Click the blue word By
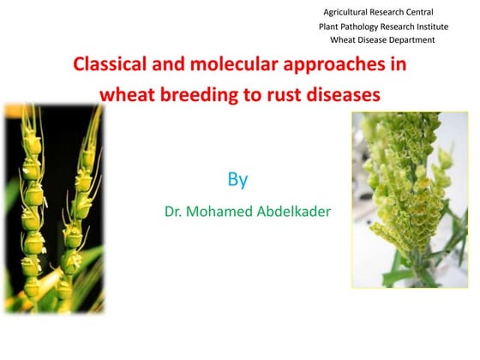coord(237,180)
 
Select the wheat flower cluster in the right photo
coord(403,189)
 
